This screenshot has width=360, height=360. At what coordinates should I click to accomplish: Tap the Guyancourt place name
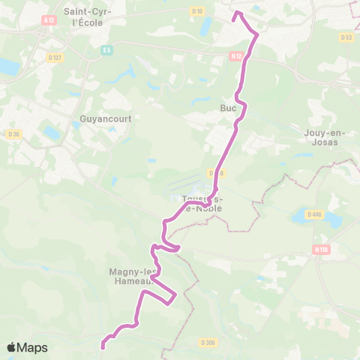pos(100,118)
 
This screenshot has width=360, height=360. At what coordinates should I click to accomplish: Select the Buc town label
pos(228,108)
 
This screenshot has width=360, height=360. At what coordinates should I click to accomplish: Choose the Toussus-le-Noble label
pos(202,203)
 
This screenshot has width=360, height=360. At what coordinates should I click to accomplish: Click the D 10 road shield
pos(197,11)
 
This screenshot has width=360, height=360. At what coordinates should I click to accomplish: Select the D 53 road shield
pos(346,37)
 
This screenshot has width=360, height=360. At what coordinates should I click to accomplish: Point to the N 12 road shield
pos(236,55)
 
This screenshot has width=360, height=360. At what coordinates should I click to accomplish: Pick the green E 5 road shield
pos(106,50)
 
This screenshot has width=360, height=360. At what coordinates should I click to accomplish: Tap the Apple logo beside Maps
pos(11,347)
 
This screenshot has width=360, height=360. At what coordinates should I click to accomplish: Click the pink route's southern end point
pos(103,346)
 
